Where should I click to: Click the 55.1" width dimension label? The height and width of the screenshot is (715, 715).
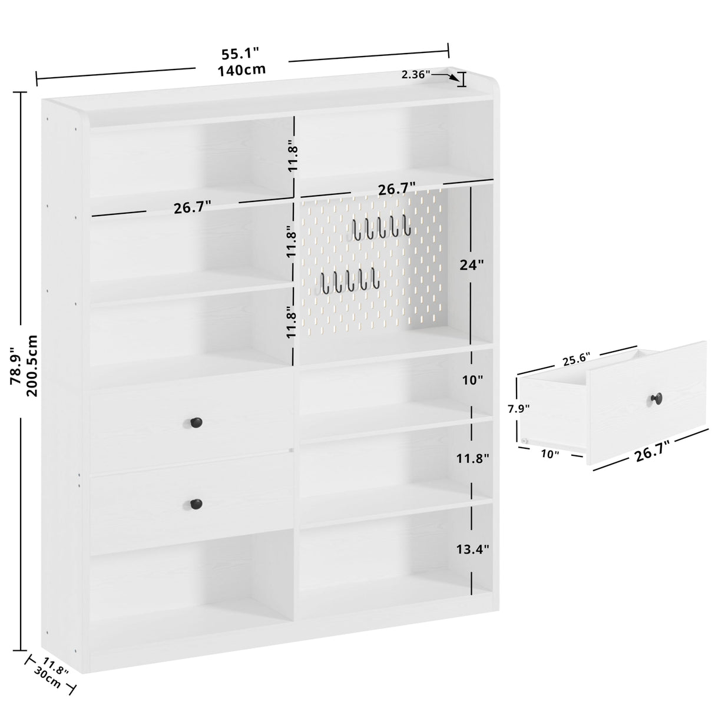(240, 54)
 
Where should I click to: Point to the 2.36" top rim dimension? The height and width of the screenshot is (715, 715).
(416, 74)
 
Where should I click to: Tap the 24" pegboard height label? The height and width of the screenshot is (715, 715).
(472, 266)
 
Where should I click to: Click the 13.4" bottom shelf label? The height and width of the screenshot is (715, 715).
(472, 550)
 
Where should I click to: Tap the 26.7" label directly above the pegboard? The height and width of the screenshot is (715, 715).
(396, 188)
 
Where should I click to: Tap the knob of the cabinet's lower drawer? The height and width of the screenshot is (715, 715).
(196, 504)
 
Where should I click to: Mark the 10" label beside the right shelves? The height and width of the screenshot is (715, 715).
(472, 380)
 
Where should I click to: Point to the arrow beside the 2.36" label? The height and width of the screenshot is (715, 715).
(446, 75)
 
